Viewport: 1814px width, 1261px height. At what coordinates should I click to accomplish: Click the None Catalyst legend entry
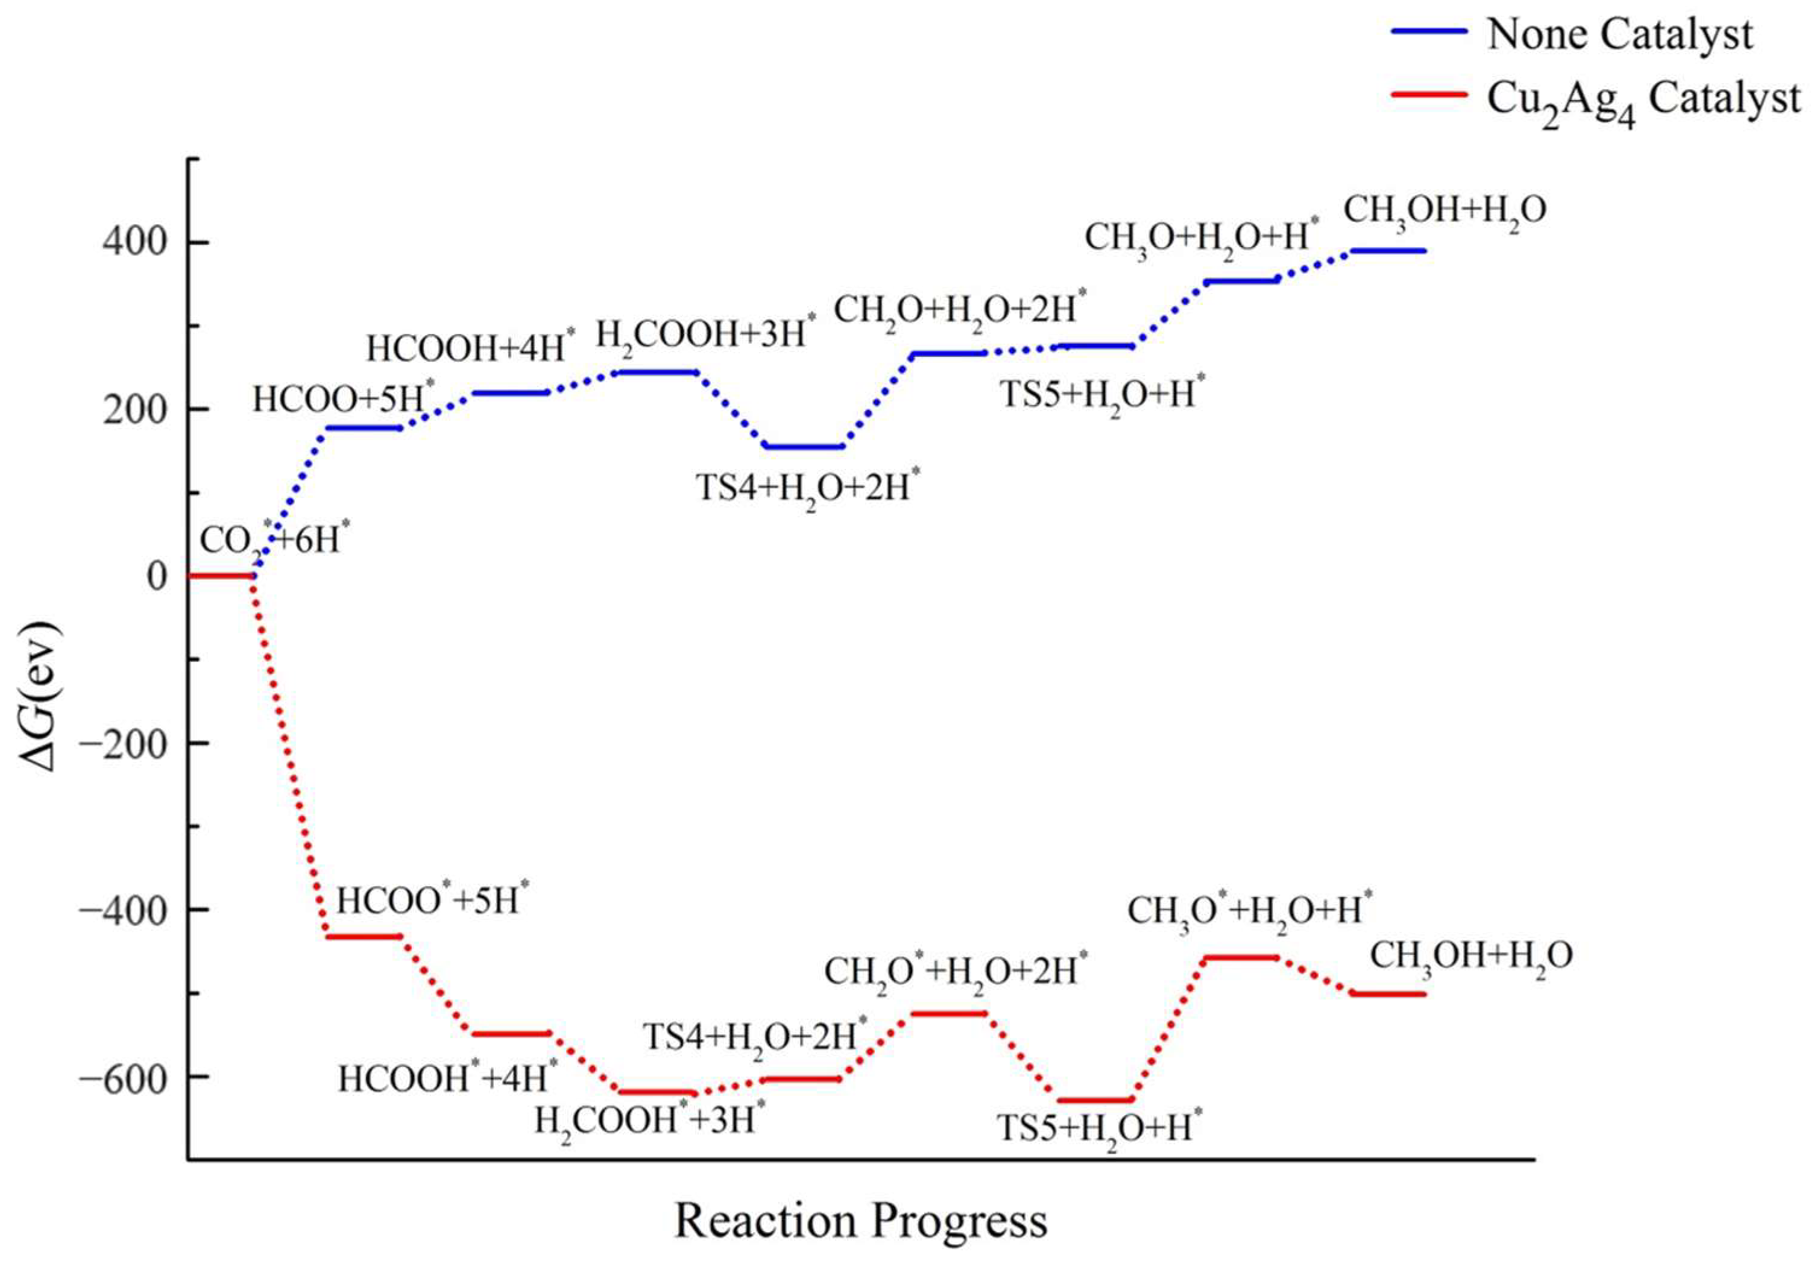1620,36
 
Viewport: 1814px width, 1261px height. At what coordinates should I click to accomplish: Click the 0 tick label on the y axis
157,576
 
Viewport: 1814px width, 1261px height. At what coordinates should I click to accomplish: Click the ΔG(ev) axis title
40,695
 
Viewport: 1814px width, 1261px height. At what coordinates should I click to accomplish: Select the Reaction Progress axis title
860,1221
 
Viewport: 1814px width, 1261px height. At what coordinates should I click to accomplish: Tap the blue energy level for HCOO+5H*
364,428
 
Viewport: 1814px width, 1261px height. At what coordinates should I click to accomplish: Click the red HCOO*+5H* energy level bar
364,936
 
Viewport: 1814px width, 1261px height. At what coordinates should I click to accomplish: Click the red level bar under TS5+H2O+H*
1095,1100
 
